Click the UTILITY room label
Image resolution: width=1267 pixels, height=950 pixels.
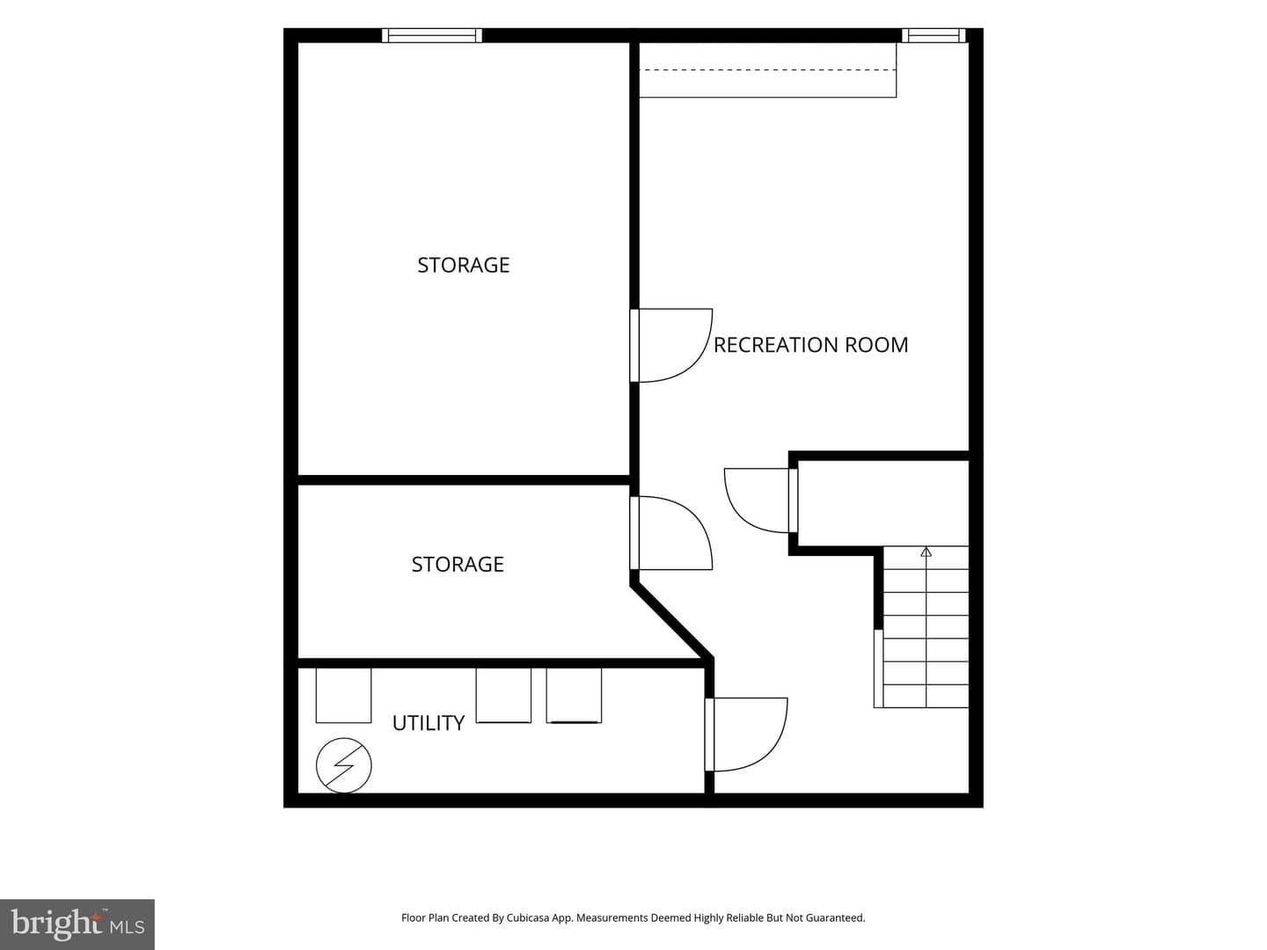(x=428, y=723)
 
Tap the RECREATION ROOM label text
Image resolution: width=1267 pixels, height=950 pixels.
(x=810, y=345)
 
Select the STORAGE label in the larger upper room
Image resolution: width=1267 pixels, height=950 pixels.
(x=464, y=265)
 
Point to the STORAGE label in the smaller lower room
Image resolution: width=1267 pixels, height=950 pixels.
(x=458, y=564)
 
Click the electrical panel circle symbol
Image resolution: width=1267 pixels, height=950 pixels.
(x=343, y=765)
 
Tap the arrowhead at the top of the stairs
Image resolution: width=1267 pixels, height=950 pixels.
(x=926, y=552)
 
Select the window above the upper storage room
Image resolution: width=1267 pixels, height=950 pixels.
(x=432, y=35)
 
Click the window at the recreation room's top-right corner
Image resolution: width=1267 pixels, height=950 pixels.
(x=934, y=35)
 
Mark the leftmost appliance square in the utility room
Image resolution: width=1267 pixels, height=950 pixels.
(x=343, y=696)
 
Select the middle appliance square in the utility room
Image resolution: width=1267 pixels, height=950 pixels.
(x=503, y=696)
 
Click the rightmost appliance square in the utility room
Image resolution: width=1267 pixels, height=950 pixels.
(x=574, y=696)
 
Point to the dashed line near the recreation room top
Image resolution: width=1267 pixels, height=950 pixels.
(x=768, y=69)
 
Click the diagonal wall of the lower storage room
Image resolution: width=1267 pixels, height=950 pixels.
(x=672, y=622)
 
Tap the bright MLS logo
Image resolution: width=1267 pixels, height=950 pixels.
(x=77, y=924)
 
